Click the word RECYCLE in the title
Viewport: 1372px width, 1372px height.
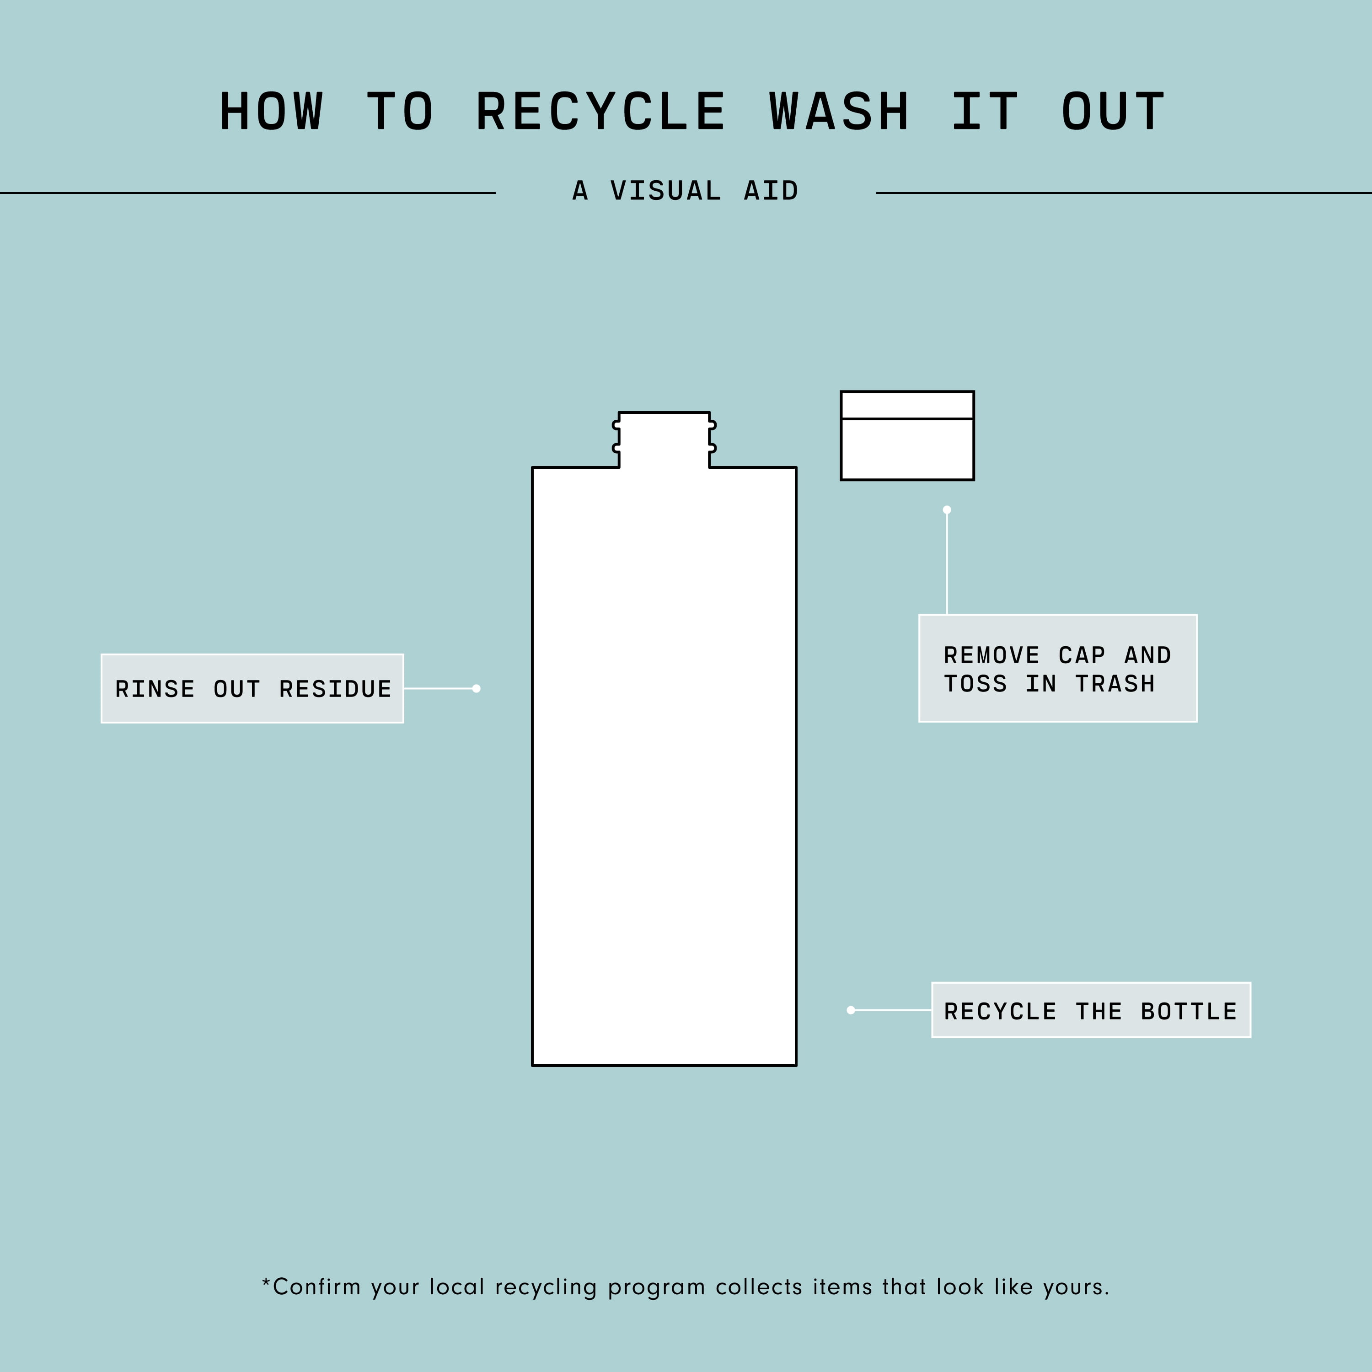point(601,112)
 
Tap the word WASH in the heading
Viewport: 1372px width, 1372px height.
point(839,112)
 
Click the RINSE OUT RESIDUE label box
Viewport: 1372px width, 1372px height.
point(252,688)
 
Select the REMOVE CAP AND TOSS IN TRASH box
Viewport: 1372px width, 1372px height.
point(1058,668)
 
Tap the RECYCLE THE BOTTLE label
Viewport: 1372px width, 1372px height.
point(1091,1010)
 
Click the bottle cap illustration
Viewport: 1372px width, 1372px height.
point(907,435)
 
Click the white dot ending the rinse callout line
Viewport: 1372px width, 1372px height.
point(477,688)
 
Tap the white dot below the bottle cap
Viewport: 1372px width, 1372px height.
point(947,510)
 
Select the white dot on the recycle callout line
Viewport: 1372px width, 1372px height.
point(851,1010)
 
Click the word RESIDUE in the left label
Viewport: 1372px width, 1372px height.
point(335,689)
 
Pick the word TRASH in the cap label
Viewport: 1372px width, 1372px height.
point(1115,684)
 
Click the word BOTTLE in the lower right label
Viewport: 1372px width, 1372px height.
point(1189,1011)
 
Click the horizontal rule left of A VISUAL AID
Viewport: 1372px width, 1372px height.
point(248,193)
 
